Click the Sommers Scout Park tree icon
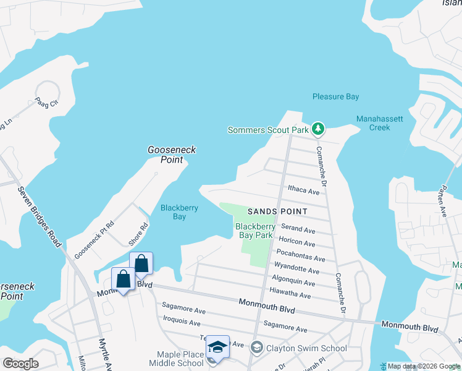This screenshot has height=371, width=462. (318, 129)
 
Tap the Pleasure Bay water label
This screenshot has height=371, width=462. (335, 96)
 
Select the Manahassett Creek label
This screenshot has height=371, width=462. (373, 123)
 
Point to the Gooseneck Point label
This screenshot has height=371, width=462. (165, 155)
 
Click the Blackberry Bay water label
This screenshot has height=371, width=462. (179, 212)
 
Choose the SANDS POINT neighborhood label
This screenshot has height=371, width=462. (277, 211)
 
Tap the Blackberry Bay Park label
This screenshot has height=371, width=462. (255, 231)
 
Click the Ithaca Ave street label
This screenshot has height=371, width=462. (303, 191)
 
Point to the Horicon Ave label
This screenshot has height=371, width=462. (297, 242)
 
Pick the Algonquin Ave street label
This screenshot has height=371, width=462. (293, 283)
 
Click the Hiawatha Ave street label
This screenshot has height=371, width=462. (291, 296)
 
